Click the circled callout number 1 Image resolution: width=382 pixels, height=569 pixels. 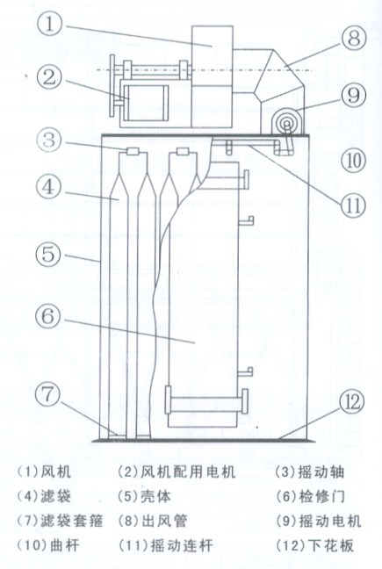click(x=50, y=25)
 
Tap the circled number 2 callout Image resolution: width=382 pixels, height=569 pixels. click(x=49, y=77)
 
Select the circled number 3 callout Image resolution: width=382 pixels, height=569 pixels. click(x=50, y=140)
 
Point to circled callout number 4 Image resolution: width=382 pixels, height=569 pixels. click(x=49, y=188)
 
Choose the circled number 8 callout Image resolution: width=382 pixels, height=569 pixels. click(x=354, y=38)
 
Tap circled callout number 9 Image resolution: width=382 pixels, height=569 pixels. click(x=353, y=95)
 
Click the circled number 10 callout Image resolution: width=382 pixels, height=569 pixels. click(x=353, y=161)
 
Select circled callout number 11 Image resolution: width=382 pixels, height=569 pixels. click(x=353, y=205)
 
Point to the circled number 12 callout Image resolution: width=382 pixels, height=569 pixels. click(x=353, y=401)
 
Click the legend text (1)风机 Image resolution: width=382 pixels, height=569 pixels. click(x=44, y=472)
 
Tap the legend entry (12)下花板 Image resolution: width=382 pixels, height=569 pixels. click(x=314, y=545)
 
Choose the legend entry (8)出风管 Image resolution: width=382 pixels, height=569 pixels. click(x=153, y=521)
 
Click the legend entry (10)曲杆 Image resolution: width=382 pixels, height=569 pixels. click(x=48, y=545)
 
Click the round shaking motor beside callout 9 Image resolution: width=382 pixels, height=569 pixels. click(x=286, y=123)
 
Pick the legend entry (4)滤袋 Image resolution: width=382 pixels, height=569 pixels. click(x=44, y=496)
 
